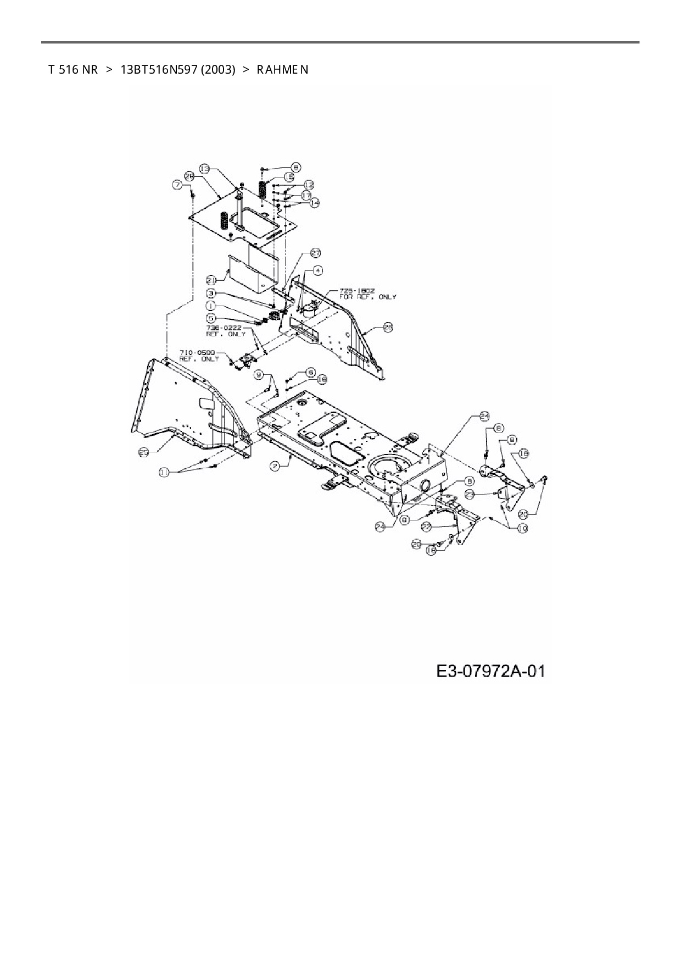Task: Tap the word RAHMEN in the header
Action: [282, 70]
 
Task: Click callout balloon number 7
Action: [177, 186]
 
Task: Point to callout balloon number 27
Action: [316, 253]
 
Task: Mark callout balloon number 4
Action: [319, 270]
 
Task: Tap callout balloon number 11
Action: [165, 472]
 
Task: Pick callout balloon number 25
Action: [144, 452]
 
